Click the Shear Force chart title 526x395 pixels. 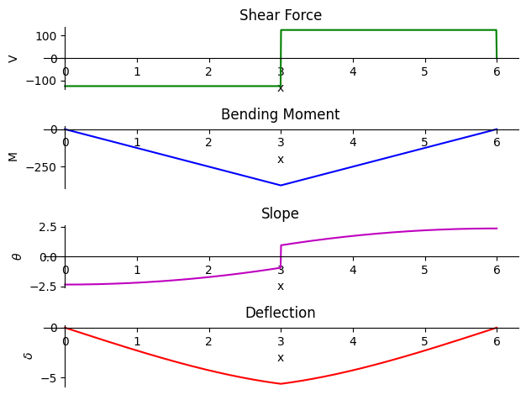coord(281,15)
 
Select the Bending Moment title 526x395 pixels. coord(281,114)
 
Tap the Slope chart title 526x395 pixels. coord(280,213)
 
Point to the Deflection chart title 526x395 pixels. coord(281,313)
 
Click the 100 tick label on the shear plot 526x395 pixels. coord(46,36)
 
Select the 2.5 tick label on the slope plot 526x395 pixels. coord(48,228)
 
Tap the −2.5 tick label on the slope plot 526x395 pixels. coord(43,287)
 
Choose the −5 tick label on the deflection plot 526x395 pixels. coord(49,378)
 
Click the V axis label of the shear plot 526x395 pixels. coord(13,60)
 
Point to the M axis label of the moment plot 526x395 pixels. coord(13,157)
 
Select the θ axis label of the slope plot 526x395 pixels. coord(17,256)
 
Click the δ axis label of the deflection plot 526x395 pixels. coord(29,355)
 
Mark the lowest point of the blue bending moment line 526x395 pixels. coord(281,185)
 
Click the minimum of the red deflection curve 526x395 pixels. coord(281,383)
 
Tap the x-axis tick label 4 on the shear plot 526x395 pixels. coord(353,71)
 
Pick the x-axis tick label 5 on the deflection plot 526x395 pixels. coord(424,342)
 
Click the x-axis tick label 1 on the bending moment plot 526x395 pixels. coord(137,143)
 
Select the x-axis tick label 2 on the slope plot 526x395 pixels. coord(209,270)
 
